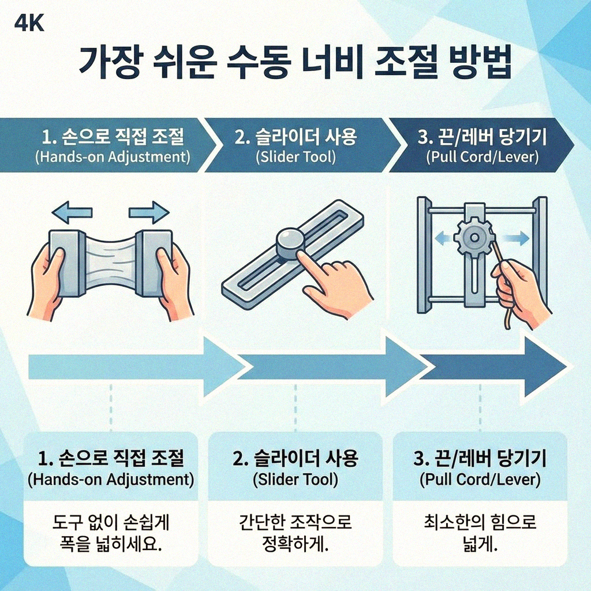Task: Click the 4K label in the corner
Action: (28, 23)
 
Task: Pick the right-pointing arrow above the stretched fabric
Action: (149, 212)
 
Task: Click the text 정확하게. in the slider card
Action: (295, 544)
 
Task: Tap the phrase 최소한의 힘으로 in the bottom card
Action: (480, 523)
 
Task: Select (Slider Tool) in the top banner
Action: (295, 157)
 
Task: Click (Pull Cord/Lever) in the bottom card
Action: (480, 479)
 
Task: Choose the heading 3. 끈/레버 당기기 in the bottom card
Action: (480, 459)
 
